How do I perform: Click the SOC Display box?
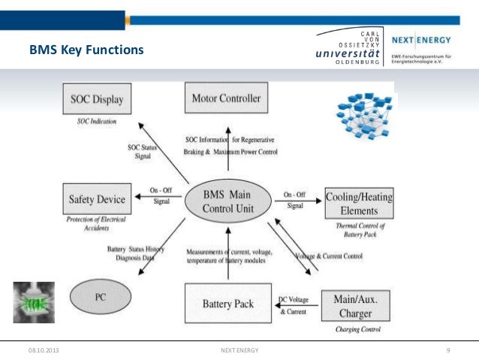click(x=97, y=98)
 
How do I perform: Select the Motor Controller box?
click(x=226, y=98)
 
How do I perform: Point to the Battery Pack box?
click(x=227, y=304)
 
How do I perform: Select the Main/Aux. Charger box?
click(x=355, y=304)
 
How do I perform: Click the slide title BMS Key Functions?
click(x=85, y=52)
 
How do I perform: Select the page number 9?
click(x=447, y=350)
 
